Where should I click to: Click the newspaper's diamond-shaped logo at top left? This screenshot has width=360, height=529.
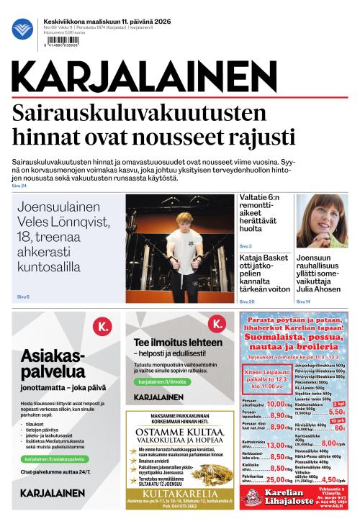click(22, 29)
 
